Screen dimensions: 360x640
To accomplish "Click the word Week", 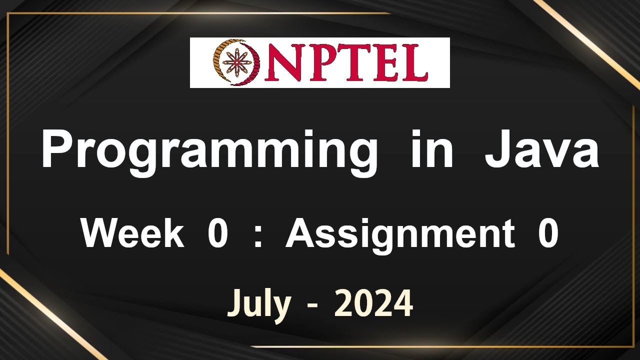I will tap(132, 234).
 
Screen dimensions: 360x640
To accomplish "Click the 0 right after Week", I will tap(217, 234).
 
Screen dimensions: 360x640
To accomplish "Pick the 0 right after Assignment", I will tap(548, 234).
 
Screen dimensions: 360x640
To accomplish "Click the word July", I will tap(259, 303).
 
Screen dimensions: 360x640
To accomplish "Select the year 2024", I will tap(373, 303).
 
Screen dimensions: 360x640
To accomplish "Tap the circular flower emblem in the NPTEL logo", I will tap(235, 63).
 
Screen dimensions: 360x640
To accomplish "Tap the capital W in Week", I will tap(100, 234).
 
